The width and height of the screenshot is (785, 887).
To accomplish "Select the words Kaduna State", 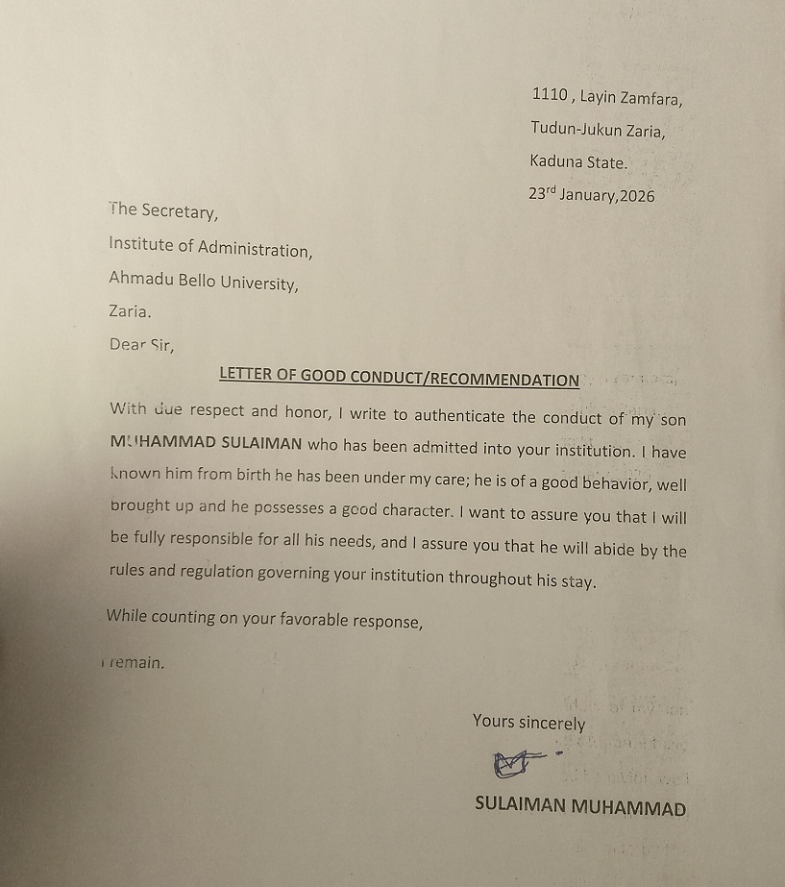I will pos(578,162).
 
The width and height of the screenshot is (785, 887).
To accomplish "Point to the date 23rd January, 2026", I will pos(591,194).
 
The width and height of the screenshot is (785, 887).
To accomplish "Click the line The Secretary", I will pos(163,210).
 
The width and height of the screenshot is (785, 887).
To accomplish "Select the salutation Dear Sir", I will pos(142,345).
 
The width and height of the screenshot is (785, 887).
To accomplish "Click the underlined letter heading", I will pos(399,378).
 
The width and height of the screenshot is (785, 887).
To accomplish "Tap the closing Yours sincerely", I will pos(528,723).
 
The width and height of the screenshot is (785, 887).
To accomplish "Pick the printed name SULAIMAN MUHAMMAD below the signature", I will pos(580,806).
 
